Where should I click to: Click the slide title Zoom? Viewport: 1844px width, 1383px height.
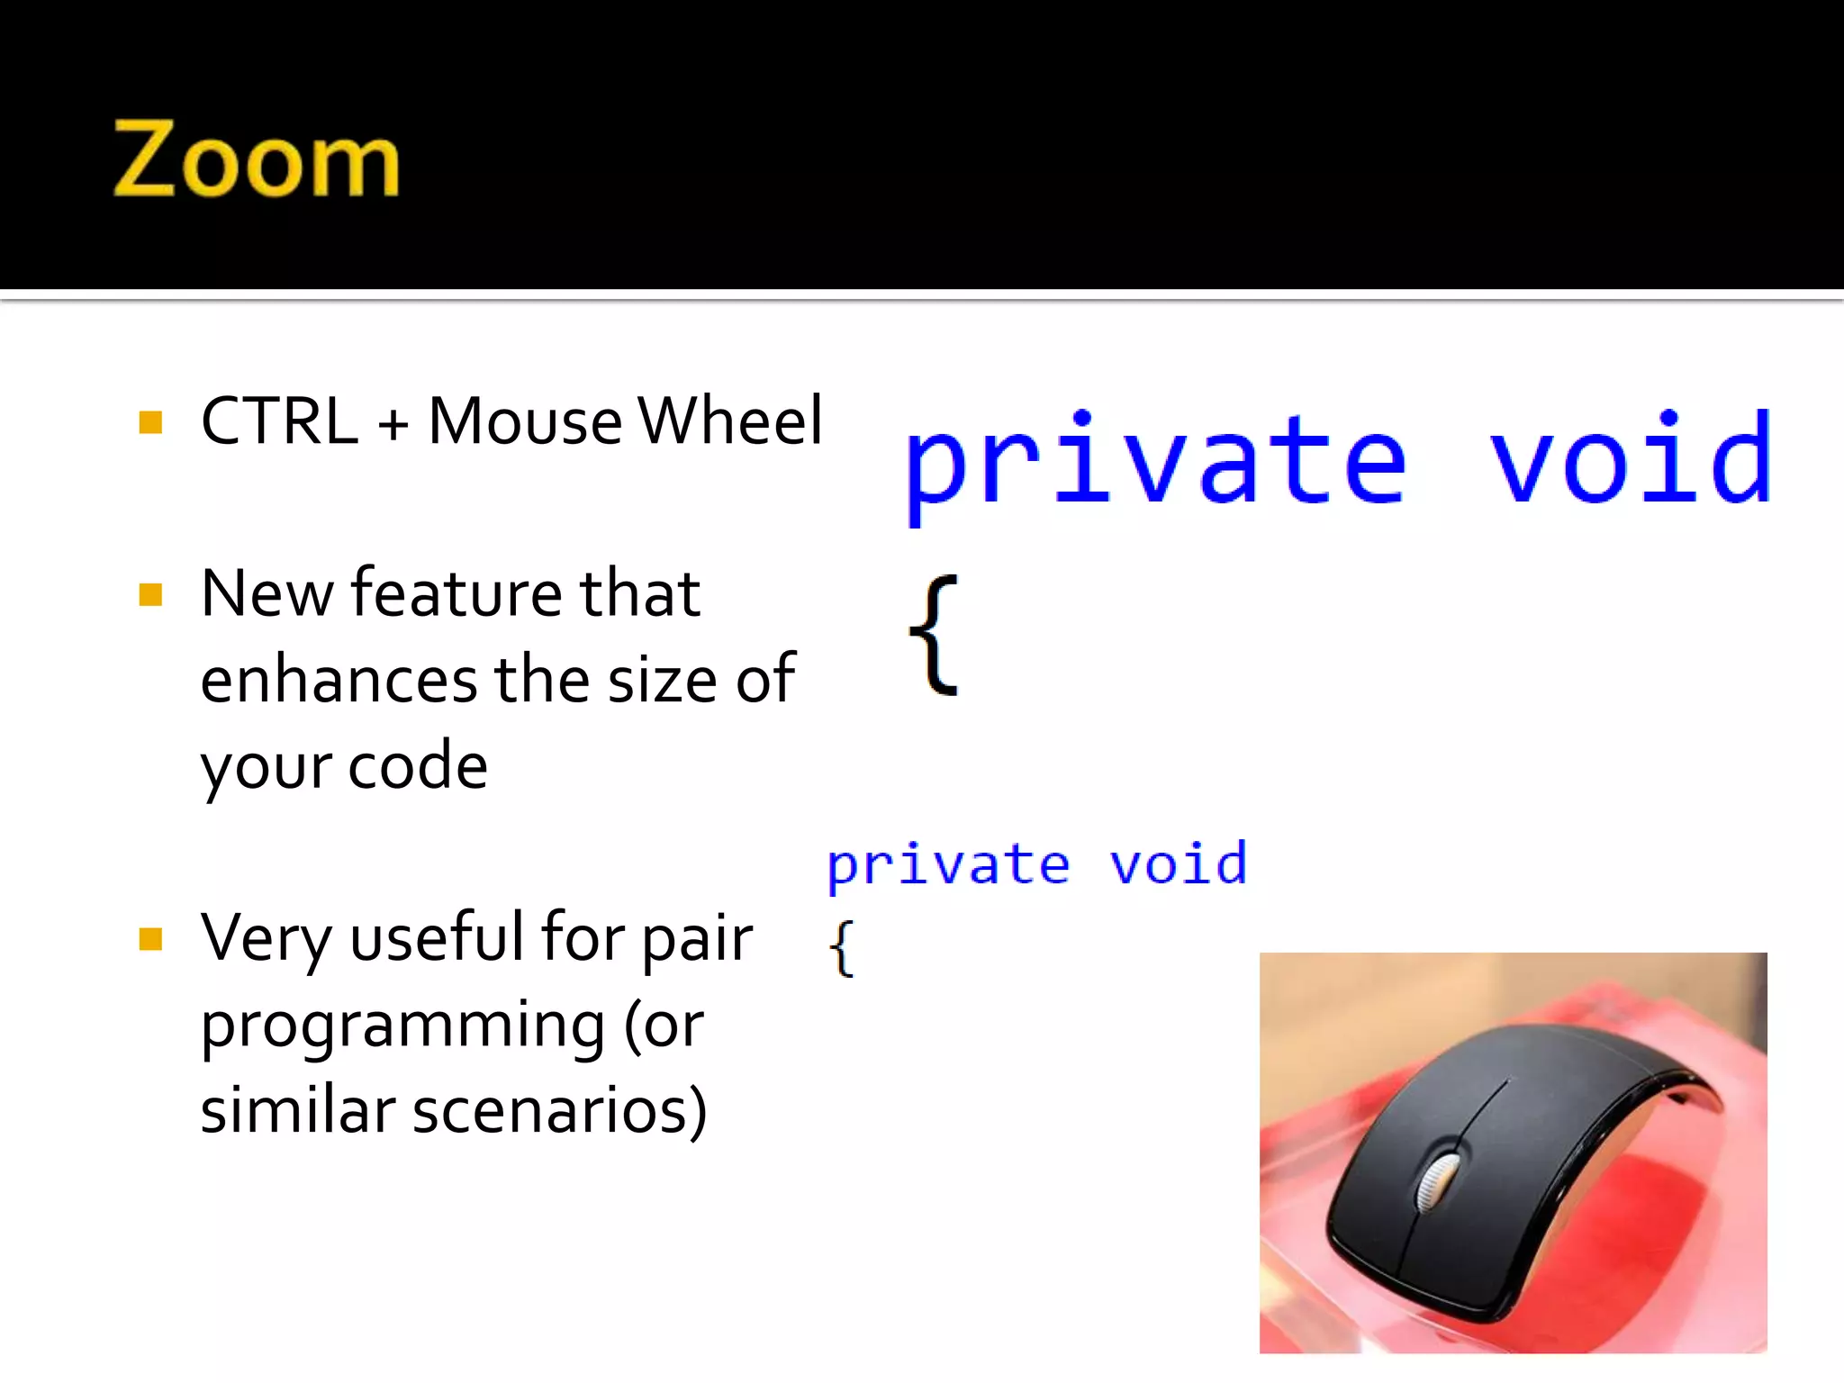(x=256, y=159)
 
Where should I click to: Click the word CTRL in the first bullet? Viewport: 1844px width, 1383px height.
(x=279, y=421)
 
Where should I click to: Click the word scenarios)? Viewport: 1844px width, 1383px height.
(x=559, y=1111)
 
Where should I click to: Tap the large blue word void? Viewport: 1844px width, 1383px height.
(x=1631, y=458)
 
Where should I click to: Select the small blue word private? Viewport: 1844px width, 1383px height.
(x=948, y=865)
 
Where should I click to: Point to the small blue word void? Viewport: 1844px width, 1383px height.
(x=1178, y=863)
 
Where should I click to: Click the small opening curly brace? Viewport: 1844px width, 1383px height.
(x=841, y=948)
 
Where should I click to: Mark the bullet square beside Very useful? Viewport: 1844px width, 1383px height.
(x=150, y=940)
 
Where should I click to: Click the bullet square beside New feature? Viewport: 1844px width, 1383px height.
(x=150, y=595)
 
